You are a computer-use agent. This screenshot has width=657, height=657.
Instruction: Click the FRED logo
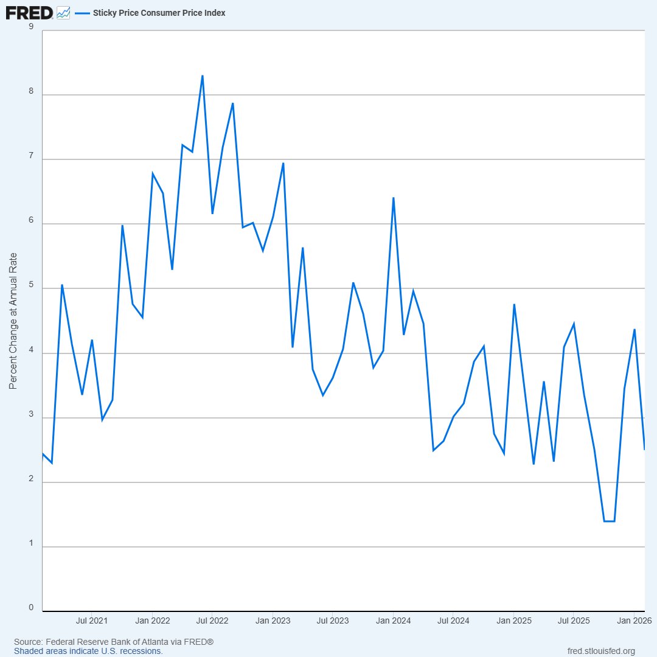[x=29, y=13]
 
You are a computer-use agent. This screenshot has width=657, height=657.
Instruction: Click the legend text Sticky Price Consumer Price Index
[x=159, y=13]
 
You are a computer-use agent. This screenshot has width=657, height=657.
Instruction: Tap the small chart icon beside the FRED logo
[x=63, y=13]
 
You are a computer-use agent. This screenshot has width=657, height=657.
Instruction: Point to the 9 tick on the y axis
[x=31, y=26]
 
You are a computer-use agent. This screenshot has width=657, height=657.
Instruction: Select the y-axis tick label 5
[x=31, y=285]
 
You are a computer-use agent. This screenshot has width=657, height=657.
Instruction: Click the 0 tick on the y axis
[x=31, y=608]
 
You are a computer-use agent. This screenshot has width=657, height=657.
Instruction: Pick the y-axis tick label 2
[x=31, y=479]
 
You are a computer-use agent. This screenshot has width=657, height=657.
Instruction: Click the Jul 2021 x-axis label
[x=92, y=620]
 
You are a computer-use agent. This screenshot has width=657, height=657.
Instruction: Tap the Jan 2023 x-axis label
[x=273, y=620]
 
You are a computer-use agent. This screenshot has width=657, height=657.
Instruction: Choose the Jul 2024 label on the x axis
[x=453, y=620]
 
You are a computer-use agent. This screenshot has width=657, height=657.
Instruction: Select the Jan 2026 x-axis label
[x=634, y=620]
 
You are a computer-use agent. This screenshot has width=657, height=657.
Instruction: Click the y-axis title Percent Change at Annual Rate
[x=13, y=321]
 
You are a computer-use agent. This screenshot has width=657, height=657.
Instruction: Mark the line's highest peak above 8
[x=203, y=76]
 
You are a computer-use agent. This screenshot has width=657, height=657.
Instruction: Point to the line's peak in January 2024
[x=394, y=198]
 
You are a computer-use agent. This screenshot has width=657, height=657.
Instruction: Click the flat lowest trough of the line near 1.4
[x=609, y=521]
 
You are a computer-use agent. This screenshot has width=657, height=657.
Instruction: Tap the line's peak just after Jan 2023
[x=283, y=164]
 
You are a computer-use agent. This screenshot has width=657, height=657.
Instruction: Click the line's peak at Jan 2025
[x=514, y=305]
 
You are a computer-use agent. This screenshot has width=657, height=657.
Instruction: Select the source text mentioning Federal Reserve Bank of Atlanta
[x=114, y=642]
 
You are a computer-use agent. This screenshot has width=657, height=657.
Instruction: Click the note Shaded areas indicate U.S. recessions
[x=88, y=651]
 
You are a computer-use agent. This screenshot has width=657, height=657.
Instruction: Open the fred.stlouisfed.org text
[x=601, y=651]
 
